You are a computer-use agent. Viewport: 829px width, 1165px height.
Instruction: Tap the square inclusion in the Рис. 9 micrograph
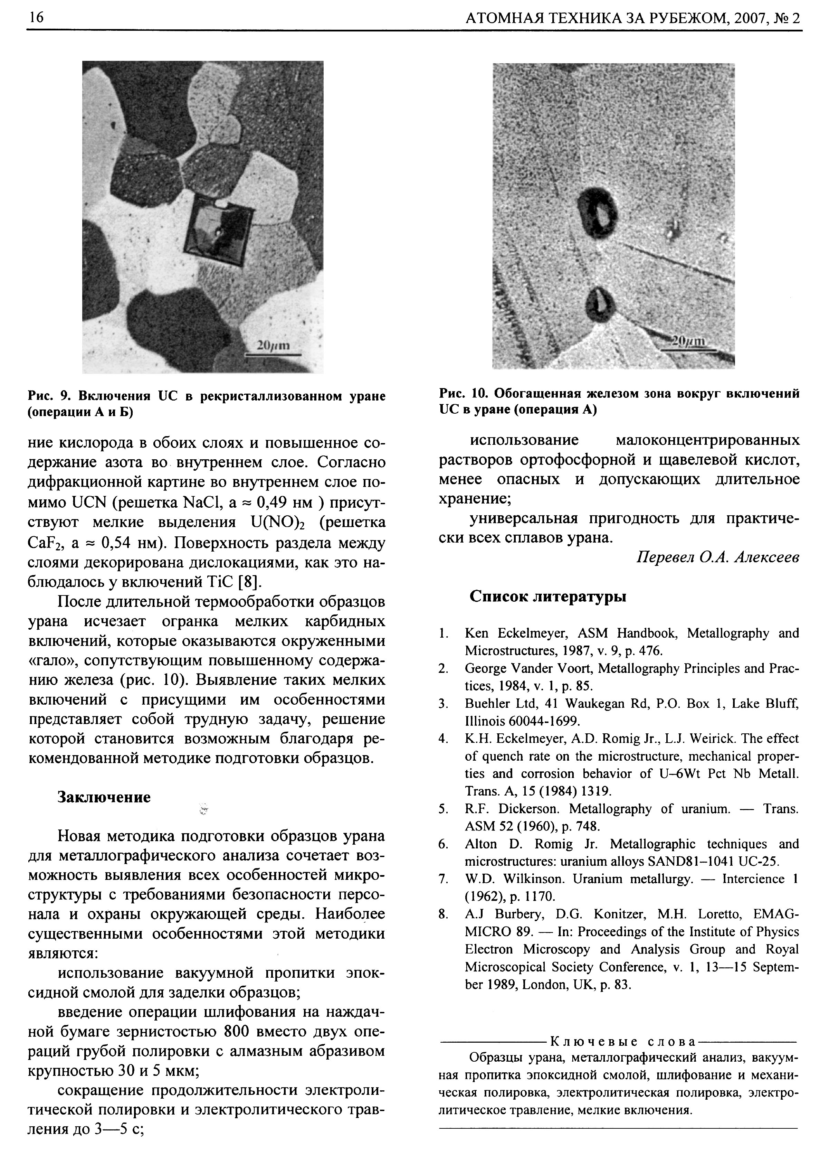[213, 233]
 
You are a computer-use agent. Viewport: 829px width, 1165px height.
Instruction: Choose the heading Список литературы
[548, 596]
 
